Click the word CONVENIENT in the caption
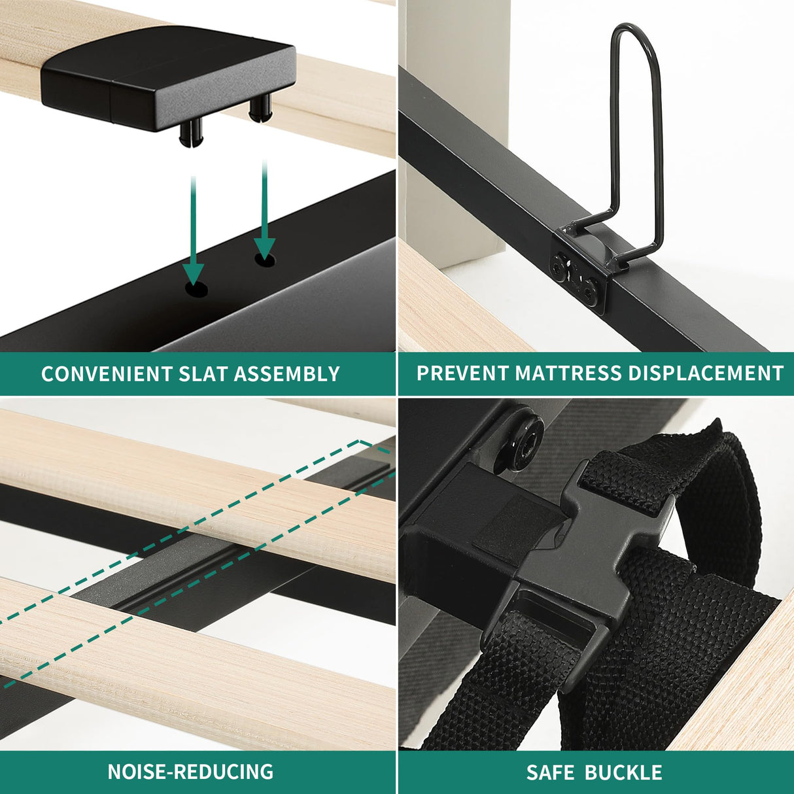click(x=107, y=373)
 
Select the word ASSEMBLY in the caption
click(x=286, y=373)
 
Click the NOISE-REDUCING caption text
click(x=190, y=760)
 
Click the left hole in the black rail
click(x=196, y=289)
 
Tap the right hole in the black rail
click(x=265, y=260)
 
